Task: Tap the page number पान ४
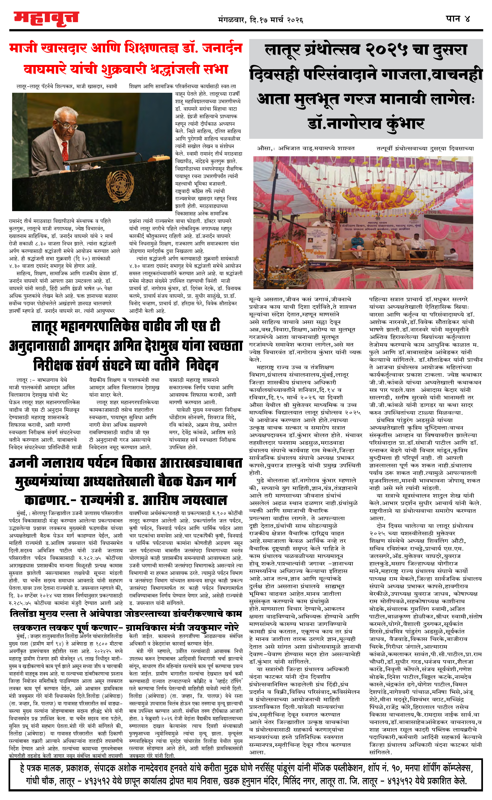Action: [458, 19]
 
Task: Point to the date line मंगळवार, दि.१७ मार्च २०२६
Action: [260, 20]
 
